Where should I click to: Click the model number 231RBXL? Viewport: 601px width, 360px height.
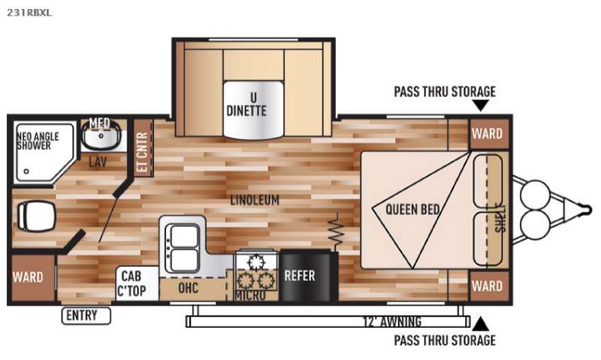pyautogui.click(x=29, y=12)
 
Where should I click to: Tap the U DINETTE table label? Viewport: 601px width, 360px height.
pyautogui.click(x=246, y=104)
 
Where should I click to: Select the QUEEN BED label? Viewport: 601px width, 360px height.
pyautogui.click(x=412, y=210)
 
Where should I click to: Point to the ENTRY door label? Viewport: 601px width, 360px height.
pyautogui.click(x=86, y=316)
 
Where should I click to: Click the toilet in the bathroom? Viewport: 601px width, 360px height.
pyautogui.click(x=36, y=216)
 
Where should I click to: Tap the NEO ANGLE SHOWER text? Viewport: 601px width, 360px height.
pyautogui.click(x=38, y=141)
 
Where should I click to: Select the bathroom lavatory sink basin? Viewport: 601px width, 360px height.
pyautogui.click(x=101, y=138)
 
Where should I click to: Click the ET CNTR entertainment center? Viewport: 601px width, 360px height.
pyautogui.click(x=143, y=148)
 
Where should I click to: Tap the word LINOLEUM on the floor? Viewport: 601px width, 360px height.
pyautogui.click(x=255, y=200)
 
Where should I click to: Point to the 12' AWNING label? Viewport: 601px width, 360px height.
pyautogui.click(x=391, y=321)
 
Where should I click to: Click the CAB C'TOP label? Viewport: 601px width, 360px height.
pyautogui.click(x=131, y=283)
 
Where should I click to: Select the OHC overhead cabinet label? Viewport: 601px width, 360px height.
pyautogui.click(x=189, y=288)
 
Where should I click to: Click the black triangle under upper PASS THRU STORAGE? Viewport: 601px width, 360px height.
pyautogui.click(x=480, y=105)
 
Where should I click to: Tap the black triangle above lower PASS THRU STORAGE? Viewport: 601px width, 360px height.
pyautogui.click(x=480, y=325)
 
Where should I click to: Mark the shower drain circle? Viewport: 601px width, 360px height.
pyautogui.click(x=26, y=171)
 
